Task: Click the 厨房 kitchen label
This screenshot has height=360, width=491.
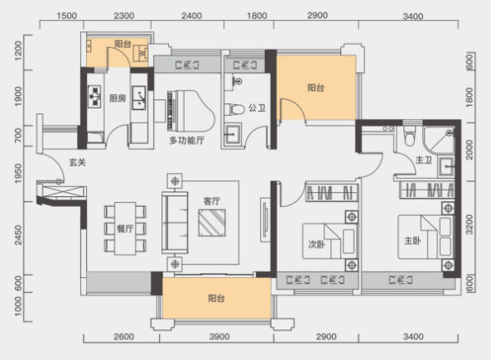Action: [118, 98]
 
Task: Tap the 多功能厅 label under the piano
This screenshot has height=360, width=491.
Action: [187, 140]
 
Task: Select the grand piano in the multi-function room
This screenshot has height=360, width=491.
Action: [191, 111]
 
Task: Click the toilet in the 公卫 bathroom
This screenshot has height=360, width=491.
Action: [234, 110]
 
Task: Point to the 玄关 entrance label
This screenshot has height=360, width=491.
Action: [77, 162]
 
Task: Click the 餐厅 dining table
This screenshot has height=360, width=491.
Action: [125, 228]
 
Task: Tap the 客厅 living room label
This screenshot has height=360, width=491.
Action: [212, 201]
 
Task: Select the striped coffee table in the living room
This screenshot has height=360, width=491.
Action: [212, 223]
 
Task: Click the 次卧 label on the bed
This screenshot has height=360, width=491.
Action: [316, 244]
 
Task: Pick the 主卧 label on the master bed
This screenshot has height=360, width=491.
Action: [412, 241]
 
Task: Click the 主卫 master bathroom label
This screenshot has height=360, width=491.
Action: [424, 161]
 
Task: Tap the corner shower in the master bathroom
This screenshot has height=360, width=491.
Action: [439, 140]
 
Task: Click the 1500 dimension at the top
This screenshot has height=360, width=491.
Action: [67, 16]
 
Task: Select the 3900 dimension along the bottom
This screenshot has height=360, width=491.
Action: [219, 337]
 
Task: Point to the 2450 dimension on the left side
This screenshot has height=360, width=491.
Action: [18, 235]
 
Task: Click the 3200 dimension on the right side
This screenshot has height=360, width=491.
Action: [469, 224]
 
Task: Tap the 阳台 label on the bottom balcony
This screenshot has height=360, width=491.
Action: [216, 298]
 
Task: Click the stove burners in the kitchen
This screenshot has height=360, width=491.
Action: [94, 97]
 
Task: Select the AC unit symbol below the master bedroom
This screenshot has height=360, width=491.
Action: [401, 280]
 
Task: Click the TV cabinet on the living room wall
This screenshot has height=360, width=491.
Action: [265, 220]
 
